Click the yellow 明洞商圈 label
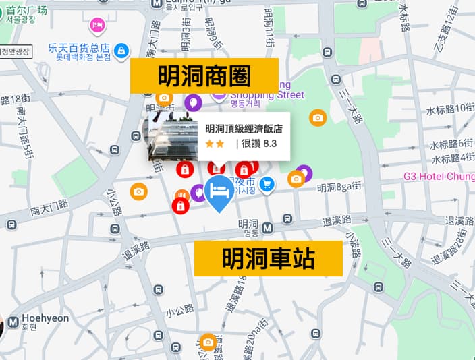click(x=204, y=76)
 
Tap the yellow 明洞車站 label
click(x=268, y=258)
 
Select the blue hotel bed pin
click(x=219, y=192)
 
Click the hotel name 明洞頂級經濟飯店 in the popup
click(x=244, y=129)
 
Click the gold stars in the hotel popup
click(x=215, y=144)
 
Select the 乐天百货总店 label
click(x=79, y=48)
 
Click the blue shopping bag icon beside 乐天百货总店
click(x=121, y=50)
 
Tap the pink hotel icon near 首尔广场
click(x=99, y=25)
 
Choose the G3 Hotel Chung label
click(x=447, y=176)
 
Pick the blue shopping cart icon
click(x=267, y=183)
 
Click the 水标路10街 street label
click(x=450, y=108)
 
